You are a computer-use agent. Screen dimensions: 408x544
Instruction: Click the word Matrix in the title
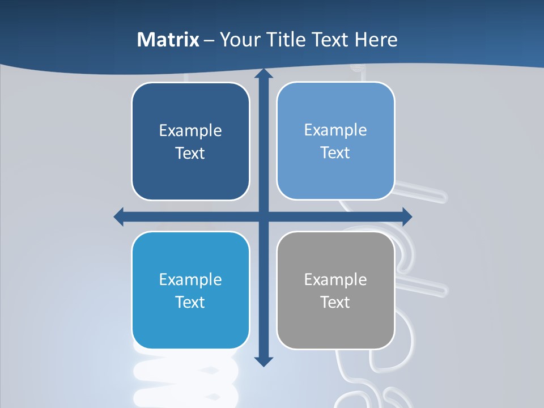tap(168, 40)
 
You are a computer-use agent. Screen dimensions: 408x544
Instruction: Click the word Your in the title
tap(239, 40)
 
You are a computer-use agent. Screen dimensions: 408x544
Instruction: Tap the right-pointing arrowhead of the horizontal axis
tap(406, 216)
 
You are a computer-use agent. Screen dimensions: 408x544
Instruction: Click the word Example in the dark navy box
tap(190, 131)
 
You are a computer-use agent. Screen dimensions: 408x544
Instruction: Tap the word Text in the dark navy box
tap(190, 154)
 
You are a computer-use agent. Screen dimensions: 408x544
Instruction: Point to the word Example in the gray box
tap(335, 279)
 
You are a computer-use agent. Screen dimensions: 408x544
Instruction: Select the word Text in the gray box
tap(335, 302)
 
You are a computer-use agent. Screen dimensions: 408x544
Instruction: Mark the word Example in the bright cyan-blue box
tap(190, 279)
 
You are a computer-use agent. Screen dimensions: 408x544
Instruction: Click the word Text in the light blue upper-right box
tap(335, 153)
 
